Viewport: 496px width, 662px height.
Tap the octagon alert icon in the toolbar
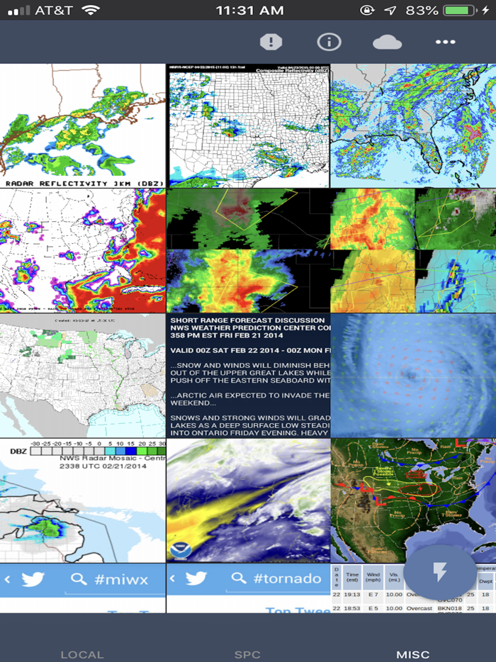pyautogui.click(x=271, y=42)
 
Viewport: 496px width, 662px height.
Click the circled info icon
pyautogui.click(x=329, y=42)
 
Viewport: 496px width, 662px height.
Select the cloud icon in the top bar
pyautogui.click(x=387, y=42)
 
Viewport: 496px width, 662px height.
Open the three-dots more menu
pyautogui.click(x=445, y=42)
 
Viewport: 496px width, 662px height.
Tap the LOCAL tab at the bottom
pyautogui.click(x=82, y=654)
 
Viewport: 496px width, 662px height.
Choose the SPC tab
pyautogui.click(x=248, y=654)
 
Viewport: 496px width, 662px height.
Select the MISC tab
pyautogui.click(x=413, y=654)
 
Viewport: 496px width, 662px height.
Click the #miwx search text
pyautogui.click(x=121, y=579)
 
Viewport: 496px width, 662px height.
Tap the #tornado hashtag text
pyautogui.click(x=287, y=579)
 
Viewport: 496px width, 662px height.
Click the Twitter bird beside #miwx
pyautogui.click(x=33, y=579)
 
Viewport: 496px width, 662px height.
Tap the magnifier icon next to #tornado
pyautogui.click(x=237, y=579)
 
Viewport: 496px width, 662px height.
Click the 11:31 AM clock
pyautogui.click(x=249, y=10)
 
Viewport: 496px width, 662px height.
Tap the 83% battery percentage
pyautogui.click(x=422, y=10)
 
